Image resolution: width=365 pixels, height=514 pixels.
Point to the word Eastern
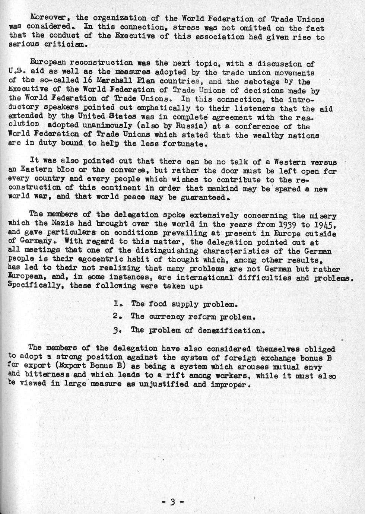tap(36, 171)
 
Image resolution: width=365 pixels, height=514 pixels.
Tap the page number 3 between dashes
tap(172, 502)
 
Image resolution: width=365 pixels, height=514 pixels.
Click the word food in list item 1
tap(158, 304)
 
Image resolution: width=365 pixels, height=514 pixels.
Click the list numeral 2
tap(116, 317)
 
